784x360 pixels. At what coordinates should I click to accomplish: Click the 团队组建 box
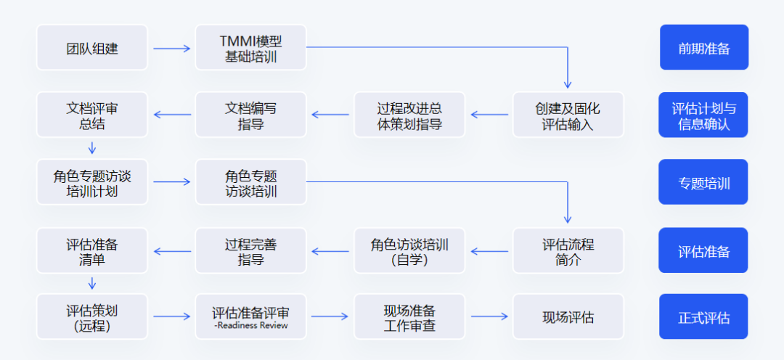pyautogui.click(x=92, y=49)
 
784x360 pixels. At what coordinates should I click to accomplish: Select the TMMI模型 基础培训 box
pyautogui.click(x=250, y=49)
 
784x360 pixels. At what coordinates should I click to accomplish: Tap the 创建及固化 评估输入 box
pyautogui.click(x=568, y=115)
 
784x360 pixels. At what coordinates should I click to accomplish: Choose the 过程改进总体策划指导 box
pyautogui.click(x=409, y=115)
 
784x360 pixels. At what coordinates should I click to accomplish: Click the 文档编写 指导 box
pyautogui.click(x=250, y=115)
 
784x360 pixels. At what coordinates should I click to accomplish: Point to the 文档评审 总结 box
pyautogui.click(x=92, y=115)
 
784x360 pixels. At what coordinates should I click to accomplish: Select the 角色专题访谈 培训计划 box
pyautogui.click(x=92, y=183)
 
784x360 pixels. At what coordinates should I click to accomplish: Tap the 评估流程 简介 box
pyautogui.click(x=568, y=251)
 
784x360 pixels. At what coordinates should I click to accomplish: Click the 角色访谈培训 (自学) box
pyautogui.click(x=409, y=251)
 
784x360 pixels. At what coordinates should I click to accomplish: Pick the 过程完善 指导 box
pyautogui.click(x=250, y=251)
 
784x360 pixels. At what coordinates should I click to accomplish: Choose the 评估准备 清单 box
pyautogui.click(x=92, y=251)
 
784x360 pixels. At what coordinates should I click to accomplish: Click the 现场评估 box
pyautogui.click(x=568, y=317)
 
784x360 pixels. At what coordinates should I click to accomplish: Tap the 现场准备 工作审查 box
pyautogui.click(x=409, y=317)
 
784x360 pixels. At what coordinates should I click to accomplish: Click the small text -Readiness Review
pyautogui.click(x=250, y=326)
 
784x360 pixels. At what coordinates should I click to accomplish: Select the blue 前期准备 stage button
pyautogui.click(x=703, y=48)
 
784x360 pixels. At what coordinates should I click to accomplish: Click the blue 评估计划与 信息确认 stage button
pyautogui.click(x=703, y=115)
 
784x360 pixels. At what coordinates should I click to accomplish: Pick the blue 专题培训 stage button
pyautogui.click(x=703, y=183)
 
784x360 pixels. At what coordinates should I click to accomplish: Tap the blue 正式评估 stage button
pyautogui.click(x=703, y=317)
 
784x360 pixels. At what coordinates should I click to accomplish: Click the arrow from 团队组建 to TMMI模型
pyautogui.click(x=171, y=49)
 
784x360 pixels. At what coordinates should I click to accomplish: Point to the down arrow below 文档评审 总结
pyautogui.click(x=92, y=148)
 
